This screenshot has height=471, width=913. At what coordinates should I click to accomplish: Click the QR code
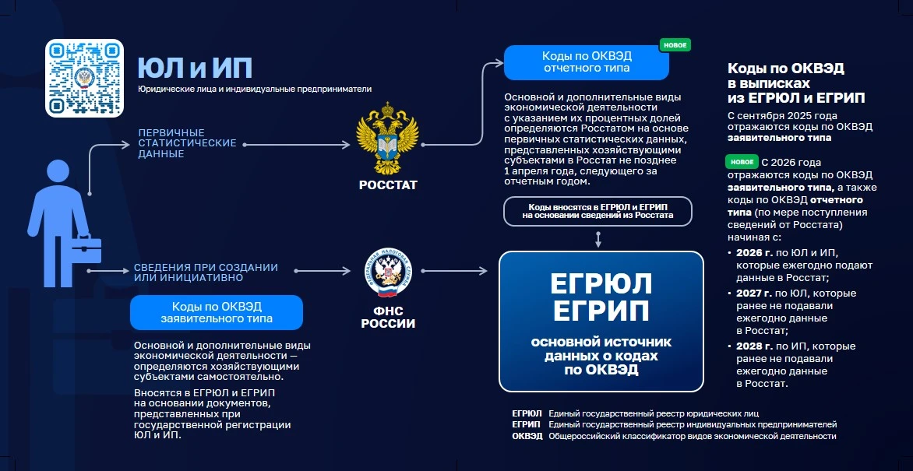[84, 78]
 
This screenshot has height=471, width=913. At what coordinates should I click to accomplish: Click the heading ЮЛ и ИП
[195, 68]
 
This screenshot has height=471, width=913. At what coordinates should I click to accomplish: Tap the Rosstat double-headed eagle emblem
[388, 139]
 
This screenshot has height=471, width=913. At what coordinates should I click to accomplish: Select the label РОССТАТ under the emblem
[388, 186]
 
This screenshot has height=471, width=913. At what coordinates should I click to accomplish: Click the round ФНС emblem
[388, 271]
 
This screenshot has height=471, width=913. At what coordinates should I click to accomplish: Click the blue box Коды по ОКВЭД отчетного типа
[587, 62]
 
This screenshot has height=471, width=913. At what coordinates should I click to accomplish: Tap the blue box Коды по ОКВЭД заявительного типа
[217, 313]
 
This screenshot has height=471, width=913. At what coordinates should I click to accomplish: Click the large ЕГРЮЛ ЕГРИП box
[601, 322]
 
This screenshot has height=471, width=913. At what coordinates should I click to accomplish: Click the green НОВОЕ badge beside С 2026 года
[742, 162]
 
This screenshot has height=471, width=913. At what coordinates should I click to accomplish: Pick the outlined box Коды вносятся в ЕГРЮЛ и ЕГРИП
[598, 211]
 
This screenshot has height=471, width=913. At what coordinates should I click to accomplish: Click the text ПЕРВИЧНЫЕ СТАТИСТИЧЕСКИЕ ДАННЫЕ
[187, 143]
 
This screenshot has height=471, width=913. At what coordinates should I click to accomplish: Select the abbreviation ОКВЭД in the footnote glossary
[527, 436]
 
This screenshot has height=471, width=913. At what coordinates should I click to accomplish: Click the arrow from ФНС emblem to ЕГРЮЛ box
[453, 271]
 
